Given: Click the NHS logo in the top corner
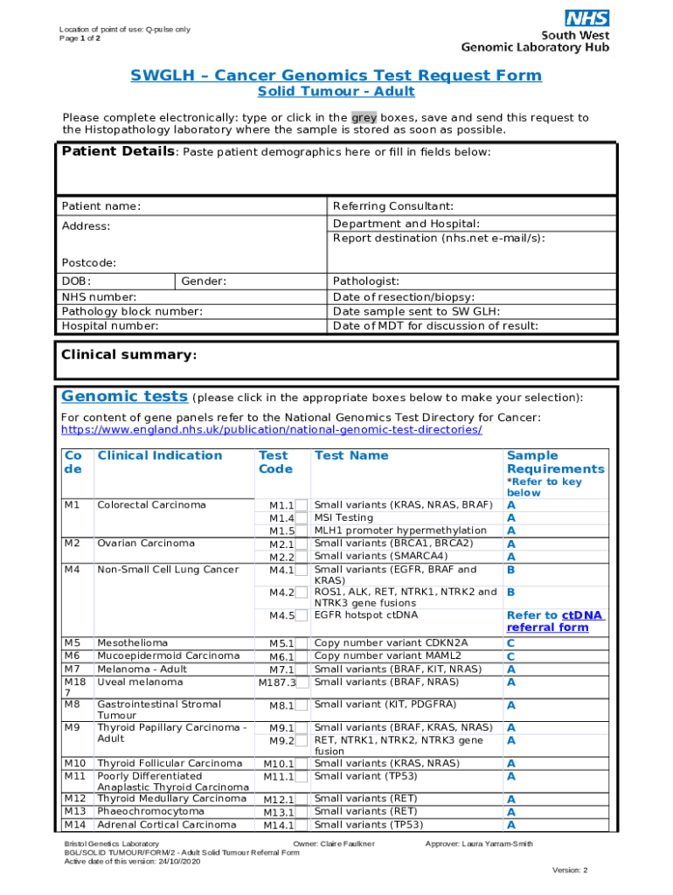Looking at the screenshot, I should click(586, 17).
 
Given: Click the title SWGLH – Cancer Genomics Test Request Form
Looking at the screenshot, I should click(336, 75).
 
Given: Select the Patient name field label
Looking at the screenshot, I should click(101, 206).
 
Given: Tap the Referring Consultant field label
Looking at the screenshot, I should click(392, 206).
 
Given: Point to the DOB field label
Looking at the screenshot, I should click(76, 281).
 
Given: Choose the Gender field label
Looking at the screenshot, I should click(204, 281).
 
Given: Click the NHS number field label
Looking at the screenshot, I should click(99, 296).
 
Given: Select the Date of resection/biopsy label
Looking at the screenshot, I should click(404, 296).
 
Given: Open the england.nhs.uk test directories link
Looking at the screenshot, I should click(271, 430).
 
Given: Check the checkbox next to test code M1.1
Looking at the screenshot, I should click(302, 505).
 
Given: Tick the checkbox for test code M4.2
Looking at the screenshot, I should click(302, 593).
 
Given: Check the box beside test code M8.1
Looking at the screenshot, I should click(302, 705).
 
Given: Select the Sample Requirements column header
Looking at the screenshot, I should click(555, 462).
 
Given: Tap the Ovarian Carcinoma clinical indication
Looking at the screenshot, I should click(146, 544).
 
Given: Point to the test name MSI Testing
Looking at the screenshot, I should click(343, 517).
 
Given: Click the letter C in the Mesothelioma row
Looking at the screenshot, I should click(510, 643).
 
